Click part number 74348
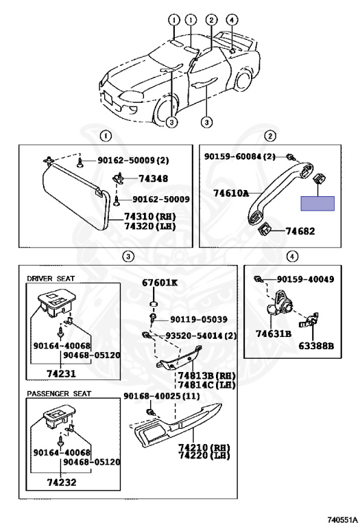[x=153, y=178]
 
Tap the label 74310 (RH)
[x=149, y=216]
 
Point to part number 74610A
[x=231, y=193]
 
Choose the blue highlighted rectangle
[x=317, y=204]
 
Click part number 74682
[x=300, y=231]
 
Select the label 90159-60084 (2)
[x=240, y=156]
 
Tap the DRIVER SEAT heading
[x=51, y=279]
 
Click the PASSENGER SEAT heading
[x=59, y=393]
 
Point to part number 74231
[x=61, y=373]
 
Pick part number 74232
[x=62, y=482]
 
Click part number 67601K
[x=160, y=282]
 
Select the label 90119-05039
[x=198, y=319]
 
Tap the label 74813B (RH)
[x=206, y=375]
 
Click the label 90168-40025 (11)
[x=162, y=396]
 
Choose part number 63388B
[x=316, y=346]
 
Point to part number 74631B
[x=274, y=333]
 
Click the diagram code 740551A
[x=343, y=520]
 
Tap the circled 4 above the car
[x=231, y=20]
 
